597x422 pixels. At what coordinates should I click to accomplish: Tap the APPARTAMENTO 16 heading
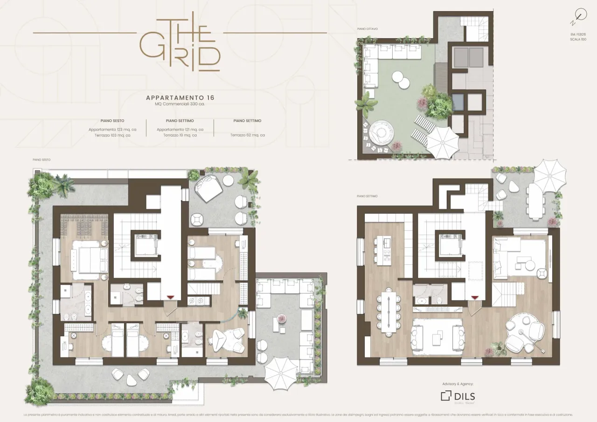(x=180, y=98)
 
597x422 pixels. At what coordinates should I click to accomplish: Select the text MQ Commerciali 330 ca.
(x=180, y=104)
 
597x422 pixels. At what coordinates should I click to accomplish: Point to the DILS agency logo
(x=458, y=396)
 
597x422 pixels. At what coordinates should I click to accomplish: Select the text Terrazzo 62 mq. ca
(x=247, y=135)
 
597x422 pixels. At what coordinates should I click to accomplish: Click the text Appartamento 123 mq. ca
(x=112, y=129)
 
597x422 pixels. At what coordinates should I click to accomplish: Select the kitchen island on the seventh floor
(x=387, y=250)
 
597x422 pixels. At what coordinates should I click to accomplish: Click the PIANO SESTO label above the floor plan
(x=41, y=159)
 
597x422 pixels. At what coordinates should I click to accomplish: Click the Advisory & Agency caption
(x=458, y=384)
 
